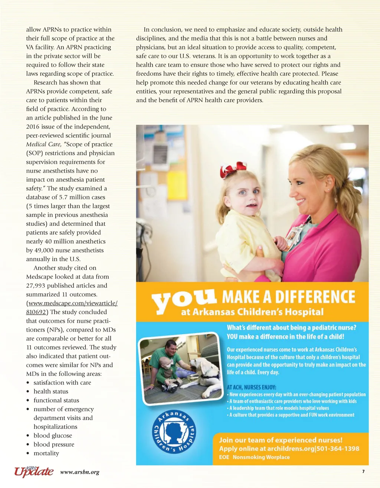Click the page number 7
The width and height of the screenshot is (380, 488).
363,472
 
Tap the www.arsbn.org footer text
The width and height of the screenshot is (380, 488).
80,472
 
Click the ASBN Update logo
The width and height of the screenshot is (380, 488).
34,471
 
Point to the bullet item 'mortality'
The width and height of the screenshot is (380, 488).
46,453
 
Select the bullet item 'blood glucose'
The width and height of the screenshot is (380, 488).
53,436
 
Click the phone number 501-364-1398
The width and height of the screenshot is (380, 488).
338,449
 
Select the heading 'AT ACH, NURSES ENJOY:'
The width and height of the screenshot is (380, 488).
251,387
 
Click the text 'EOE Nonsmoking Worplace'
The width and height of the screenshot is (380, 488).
254,457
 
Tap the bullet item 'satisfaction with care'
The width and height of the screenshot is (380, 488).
62,383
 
